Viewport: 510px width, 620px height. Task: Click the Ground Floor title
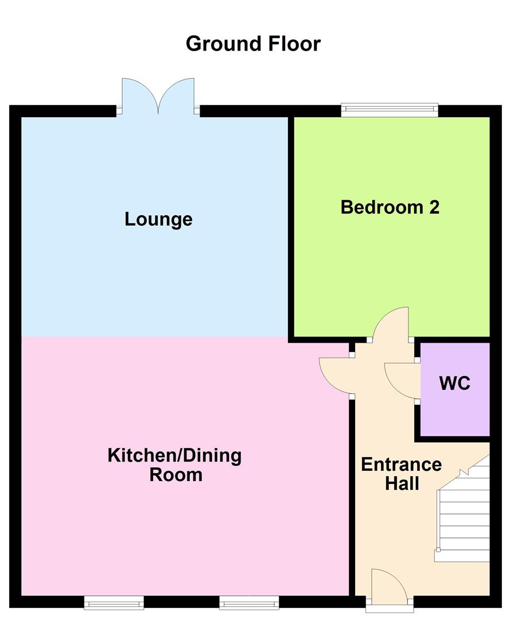(253, 44)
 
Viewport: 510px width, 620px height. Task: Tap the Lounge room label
(158, 219)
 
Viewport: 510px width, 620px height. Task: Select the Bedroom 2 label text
(390, 207)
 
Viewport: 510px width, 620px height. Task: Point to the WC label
(455, 383)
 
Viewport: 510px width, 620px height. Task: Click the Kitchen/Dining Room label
(175, 465)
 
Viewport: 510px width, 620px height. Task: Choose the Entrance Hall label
(402, 474)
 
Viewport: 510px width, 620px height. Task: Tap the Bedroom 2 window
(390, 110)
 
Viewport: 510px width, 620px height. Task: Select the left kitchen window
(114, 602)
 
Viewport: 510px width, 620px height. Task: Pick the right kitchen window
(249, 602)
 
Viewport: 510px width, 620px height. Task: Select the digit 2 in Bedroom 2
(434, 207)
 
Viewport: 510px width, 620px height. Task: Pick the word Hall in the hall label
(402, 483)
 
